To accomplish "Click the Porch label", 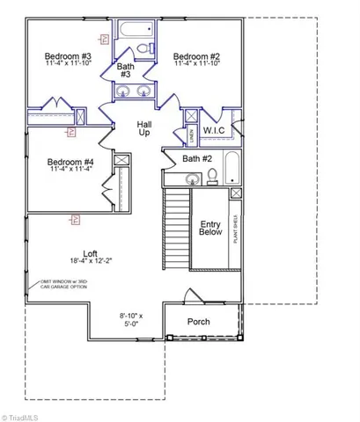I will click(x=200, y=322).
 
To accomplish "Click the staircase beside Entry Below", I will click(x=179, y=229).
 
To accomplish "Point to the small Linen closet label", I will click(x=193, y=134).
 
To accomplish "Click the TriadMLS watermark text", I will click(x=26, y=414).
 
